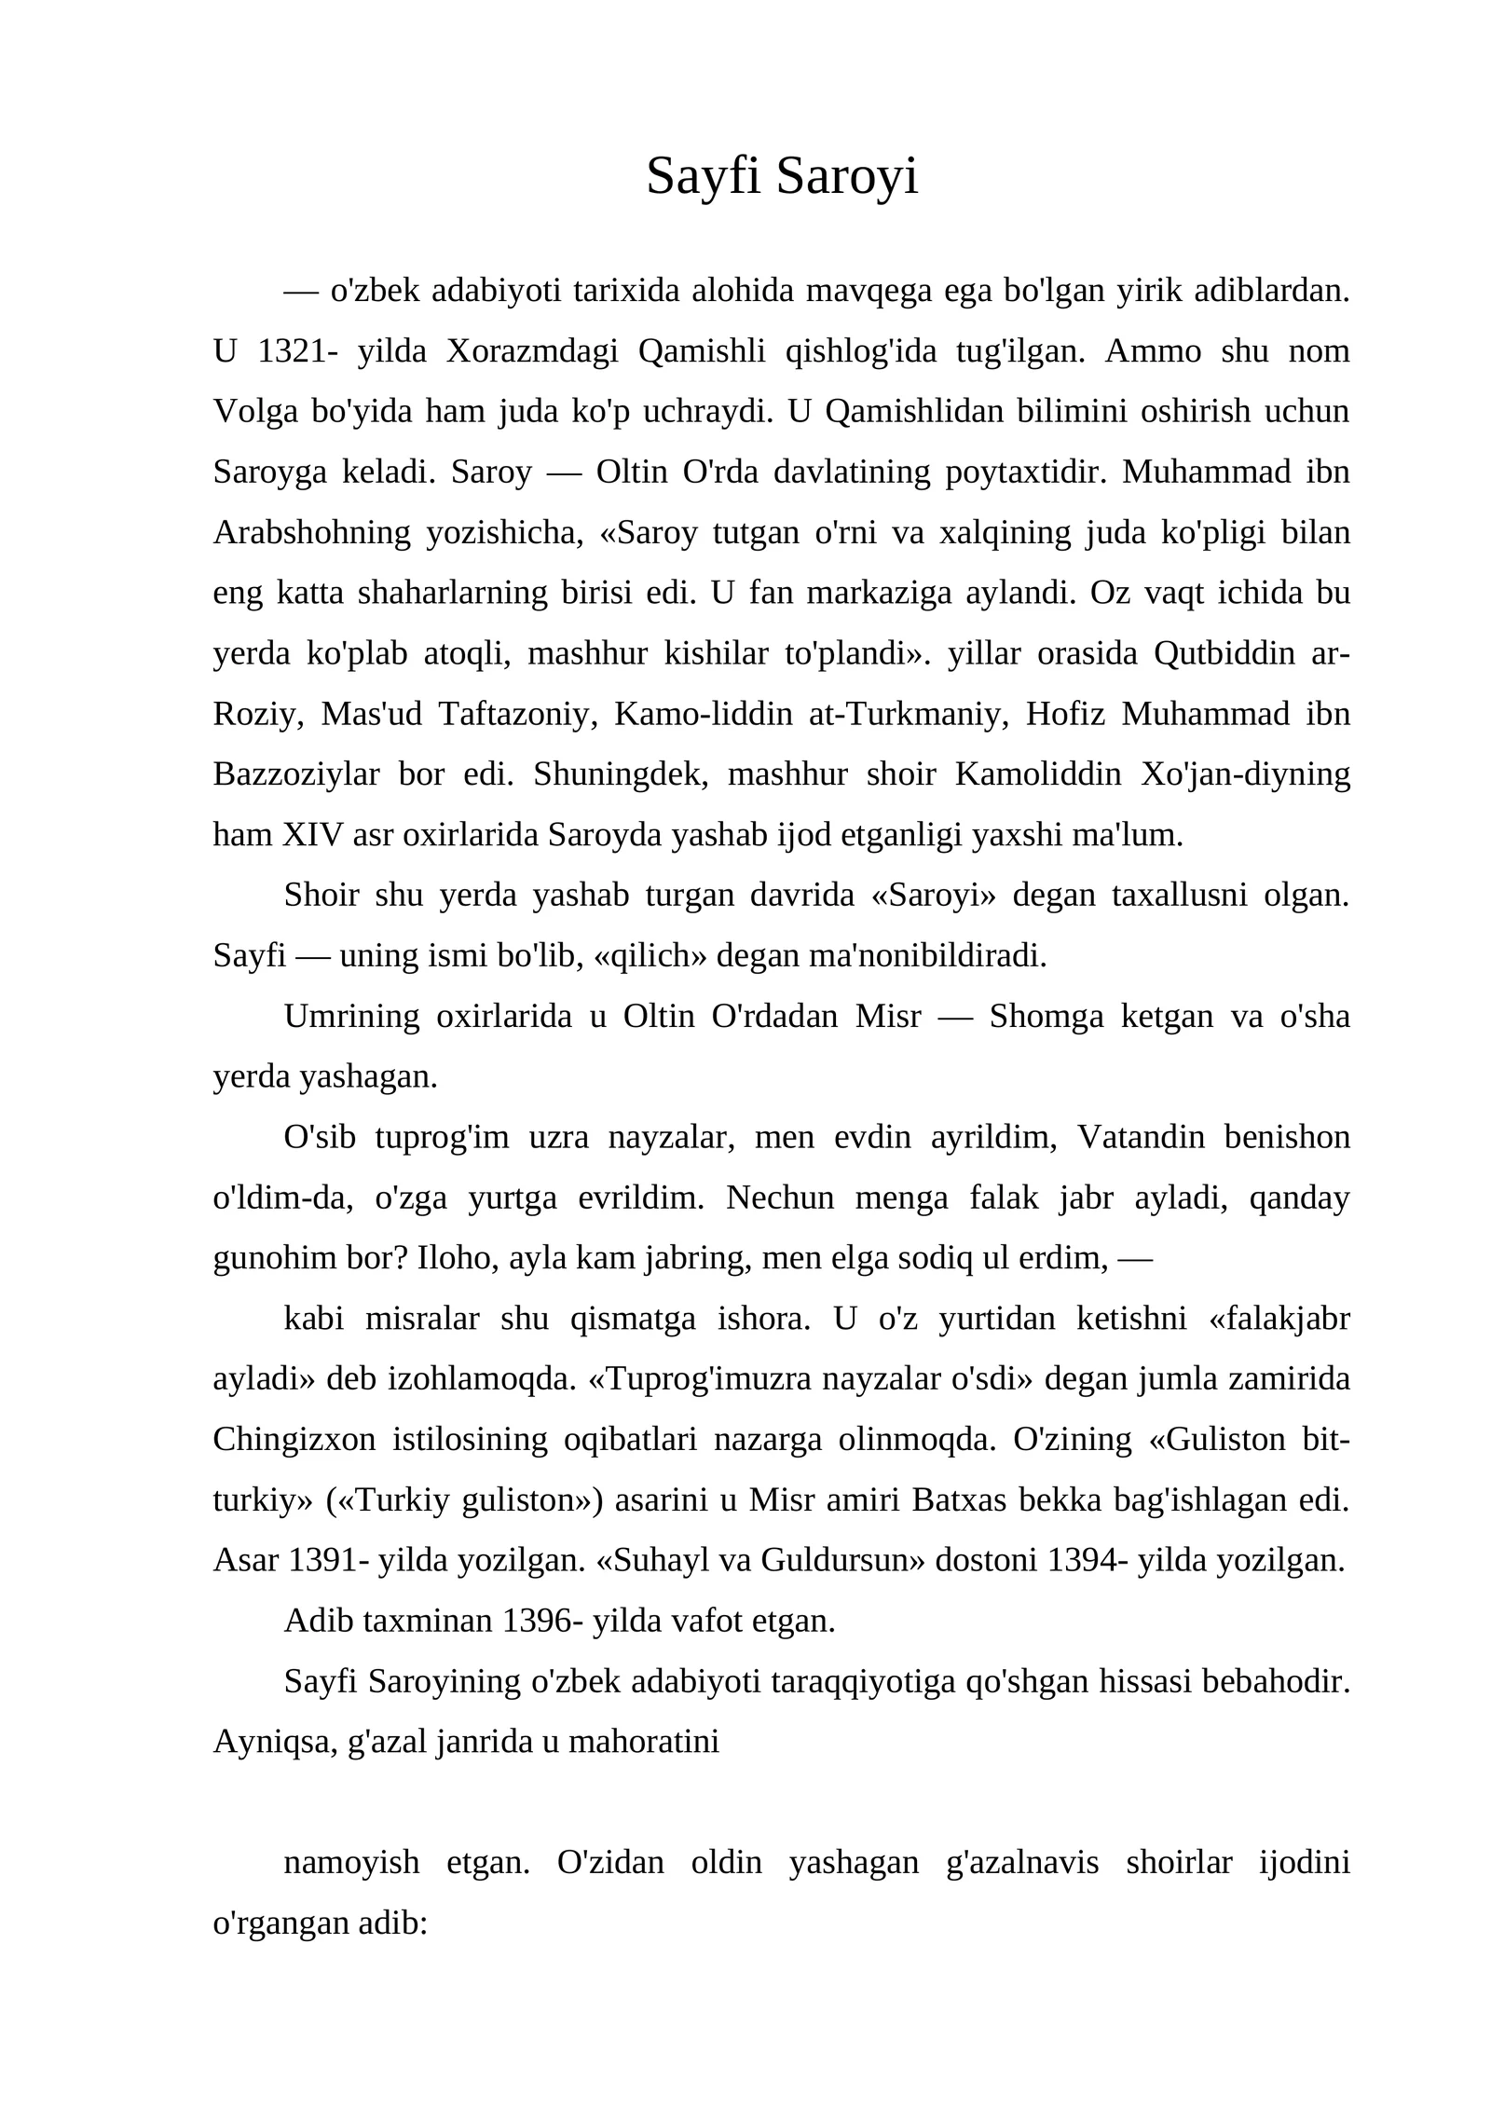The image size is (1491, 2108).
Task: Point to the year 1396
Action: (x=536, y=1622)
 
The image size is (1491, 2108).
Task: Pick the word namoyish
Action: (x=351, y=1863)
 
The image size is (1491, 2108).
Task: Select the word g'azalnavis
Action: (x=1022, y=1863)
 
